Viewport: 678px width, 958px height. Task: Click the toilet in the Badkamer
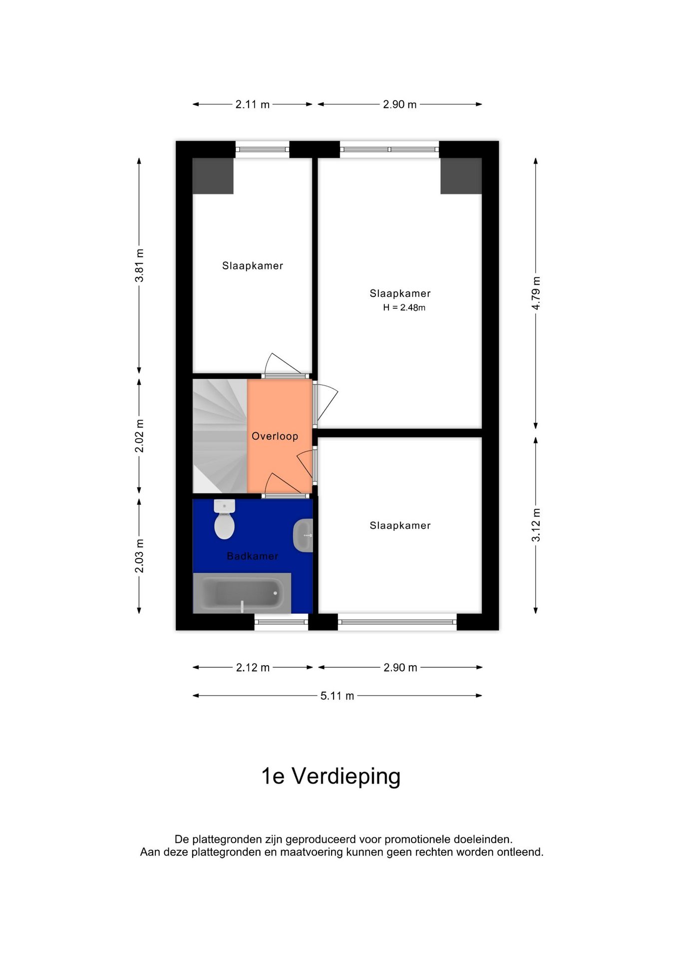[x=224, y=520]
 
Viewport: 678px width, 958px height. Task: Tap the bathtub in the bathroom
[x=242, y=593]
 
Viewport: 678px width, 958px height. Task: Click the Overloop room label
[x=275, y=437]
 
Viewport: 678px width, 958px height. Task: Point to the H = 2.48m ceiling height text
[x=404, y=308]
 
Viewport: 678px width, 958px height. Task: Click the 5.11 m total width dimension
[x=337, y=696]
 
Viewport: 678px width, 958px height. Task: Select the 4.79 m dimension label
[x=536, y=293]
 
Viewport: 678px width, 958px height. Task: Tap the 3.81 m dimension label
[x=139, y=265]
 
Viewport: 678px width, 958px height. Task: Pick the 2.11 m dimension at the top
[x=252, y=105]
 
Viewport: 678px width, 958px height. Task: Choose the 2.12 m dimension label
[x=253, y=668]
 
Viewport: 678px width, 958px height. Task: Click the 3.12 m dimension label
[x=536, y=525]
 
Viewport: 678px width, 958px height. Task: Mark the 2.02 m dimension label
[x=139, y=436]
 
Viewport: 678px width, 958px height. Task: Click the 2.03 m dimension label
[x=139, y=556]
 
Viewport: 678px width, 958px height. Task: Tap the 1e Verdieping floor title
[x=331, y=776]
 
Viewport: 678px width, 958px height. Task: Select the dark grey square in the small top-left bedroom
[x=213, y=176]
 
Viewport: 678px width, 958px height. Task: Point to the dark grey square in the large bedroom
[x=461, y=176]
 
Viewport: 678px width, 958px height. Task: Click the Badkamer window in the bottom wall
[x=281, y=622]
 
